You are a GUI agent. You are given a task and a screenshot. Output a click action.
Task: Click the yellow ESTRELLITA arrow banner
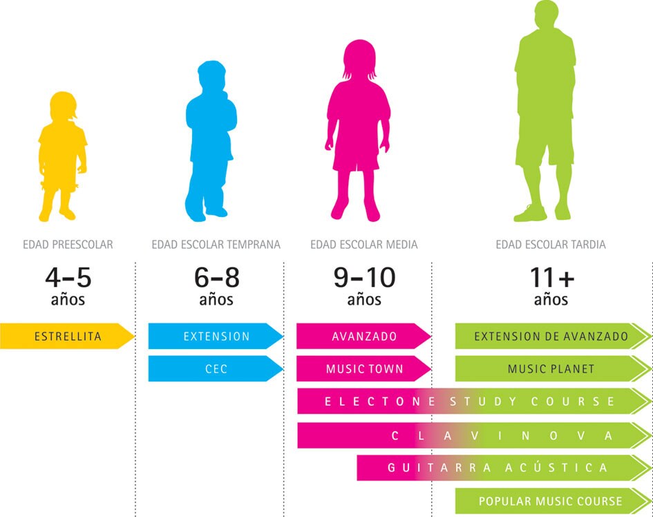67,337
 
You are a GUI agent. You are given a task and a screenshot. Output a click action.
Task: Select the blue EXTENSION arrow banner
216,337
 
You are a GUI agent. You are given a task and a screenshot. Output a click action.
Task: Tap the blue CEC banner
216,369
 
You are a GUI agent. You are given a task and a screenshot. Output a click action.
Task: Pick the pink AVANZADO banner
363,337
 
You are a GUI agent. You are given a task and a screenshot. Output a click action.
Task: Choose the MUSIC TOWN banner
363,369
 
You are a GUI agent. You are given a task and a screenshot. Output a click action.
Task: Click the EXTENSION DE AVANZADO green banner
551,337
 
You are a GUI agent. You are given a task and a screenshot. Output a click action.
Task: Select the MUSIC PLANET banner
551,369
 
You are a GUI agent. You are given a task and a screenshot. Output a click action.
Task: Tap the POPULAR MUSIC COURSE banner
551,501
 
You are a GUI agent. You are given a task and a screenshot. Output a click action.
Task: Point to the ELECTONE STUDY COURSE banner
470,402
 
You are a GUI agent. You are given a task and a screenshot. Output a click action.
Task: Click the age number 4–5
68,278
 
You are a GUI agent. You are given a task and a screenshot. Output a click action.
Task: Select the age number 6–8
216,278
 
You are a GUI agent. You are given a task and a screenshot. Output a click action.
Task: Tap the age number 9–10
364,278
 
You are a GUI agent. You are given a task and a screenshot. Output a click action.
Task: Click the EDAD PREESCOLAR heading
68,245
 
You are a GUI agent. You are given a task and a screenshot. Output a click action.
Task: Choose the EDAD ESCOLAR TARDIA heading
551,245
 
